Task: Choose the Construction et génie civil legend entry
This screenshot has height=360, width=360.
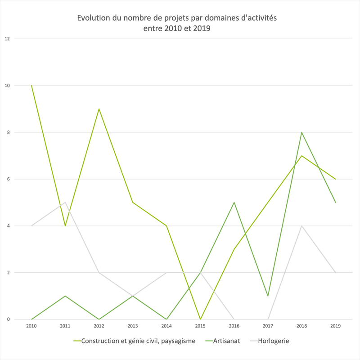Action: pos(138,341)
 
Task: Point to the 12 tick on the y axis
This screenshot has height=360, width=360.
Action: pos(7,39)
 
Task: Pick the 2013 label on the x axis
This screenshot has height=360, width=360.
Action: pos(133,325)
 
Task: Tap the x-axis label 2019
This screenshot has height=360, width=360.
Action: pos(335,325)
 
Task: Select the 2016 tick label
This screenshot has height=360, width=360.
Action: pos(234,325)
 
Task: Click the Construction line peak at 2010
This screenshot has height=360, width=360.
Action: pos(31,85)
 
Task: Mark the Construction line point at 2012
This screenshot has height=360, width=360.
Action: pos(99,109)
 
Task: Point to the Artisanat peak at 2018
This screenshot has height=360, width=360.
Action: pos(301,132)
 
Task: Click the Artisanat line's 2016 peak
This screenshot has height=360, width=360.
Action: pos(234,202)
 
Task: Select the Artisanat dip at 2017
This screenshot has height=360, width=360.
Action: pos(268,296)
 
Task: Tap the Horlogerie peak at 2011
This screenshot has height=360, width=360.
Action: pos(65,202)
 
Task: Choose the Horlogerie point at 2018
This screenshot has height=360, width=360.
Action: pos(301,226)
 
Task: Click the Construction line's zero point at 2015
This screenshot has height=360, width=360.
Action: pos(200,319)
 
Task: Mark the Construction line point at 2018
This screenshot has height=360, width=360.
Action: pos(301,156)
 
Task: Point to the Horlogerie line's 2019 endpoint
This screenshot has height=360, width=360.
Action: pos(335,273)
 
